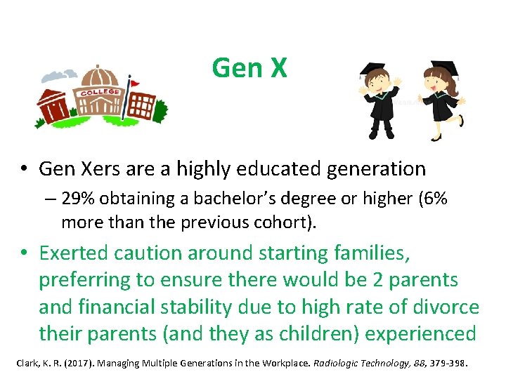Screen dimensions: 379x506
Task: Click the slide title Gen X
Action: pos(249,67)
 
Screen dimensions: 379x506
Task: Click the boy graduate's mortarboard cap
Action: pos(372,69)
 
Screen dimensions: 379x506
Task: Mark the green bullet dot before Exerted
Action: pos(24,253)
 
